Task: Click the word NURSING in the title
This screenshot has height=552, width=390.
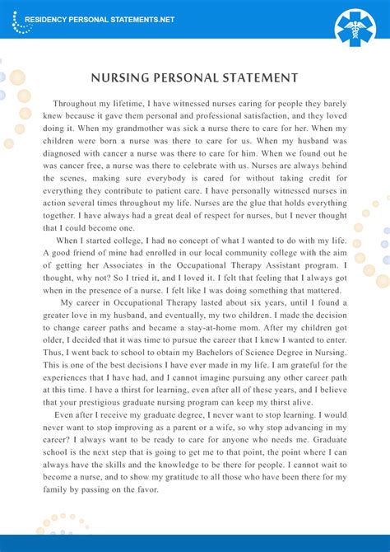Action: coord(123,78)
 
